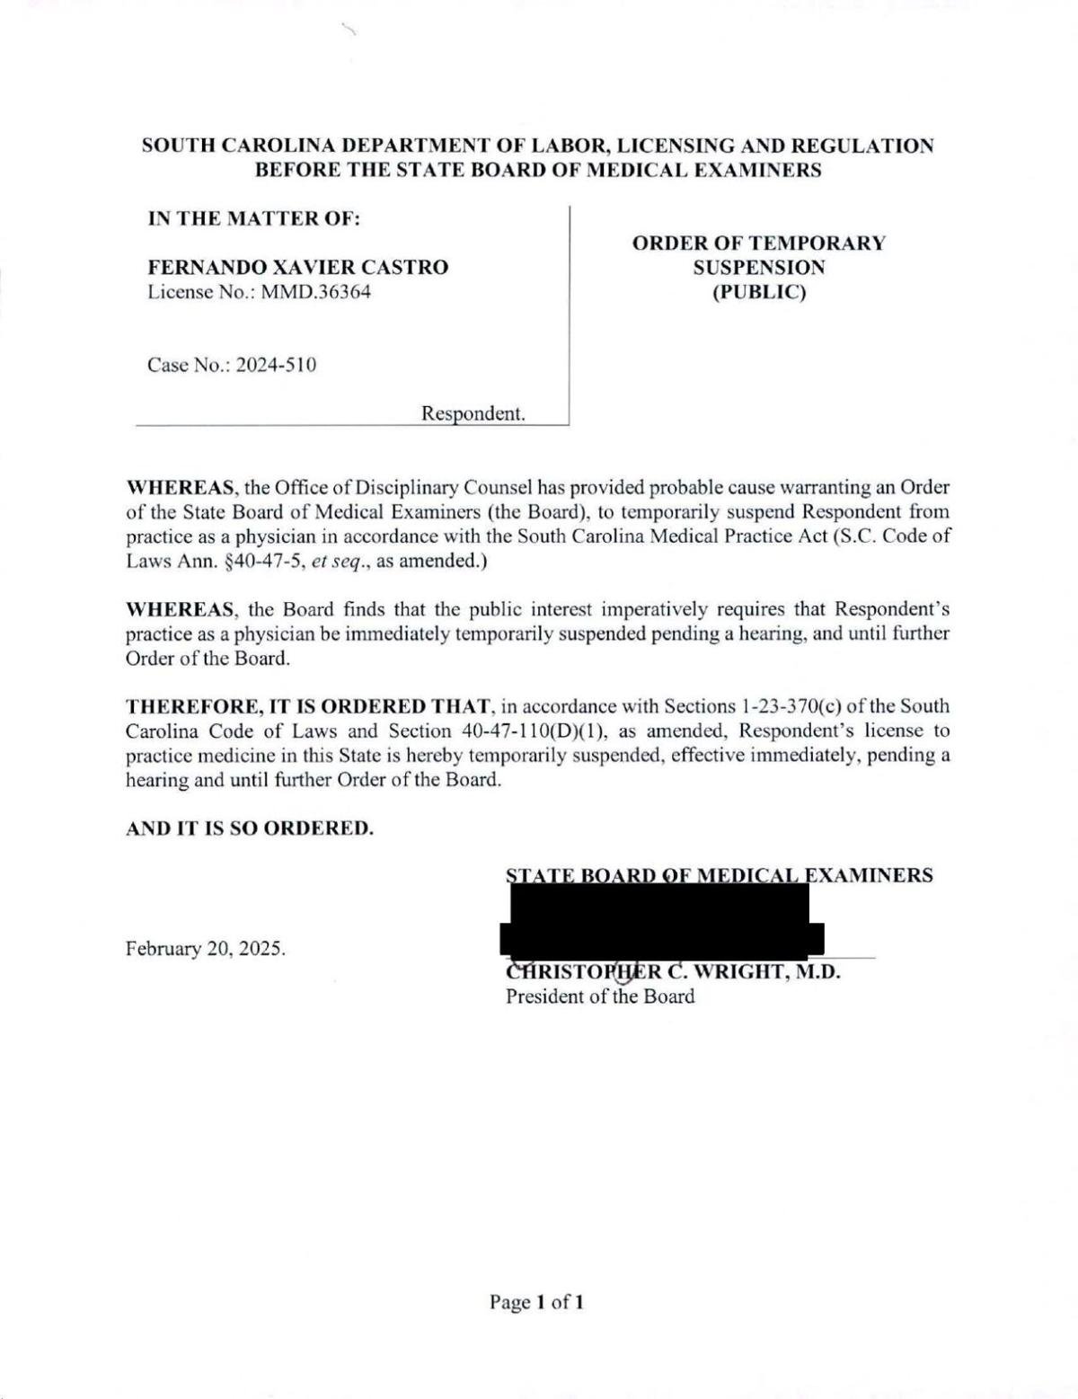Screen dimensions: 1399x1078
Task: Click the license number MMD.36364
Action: pos(315,292)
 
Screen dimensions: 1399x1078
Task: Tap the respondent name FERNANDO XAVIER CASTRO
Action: pos(297,267)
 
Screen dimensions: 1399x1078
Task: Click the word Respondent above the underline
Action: pos(473,413)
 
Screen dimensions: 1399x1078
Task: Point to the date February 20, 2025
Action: pos(206,949)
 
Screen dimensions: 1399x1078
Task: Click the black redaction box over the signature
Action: pos(660,921)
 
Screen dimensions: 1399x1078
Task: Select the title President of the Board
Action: pos(600,996)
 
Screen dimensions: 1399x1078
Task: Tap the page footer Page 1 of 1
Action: pos(536,1301)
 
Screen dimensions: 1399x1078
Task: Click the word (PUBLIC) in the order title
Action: pos(759,292)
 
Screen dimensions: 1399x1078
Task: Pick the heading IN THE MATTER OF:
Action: pos(254,218)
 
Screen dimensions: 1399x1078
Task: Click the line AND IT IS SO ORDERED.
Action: pos(250,828)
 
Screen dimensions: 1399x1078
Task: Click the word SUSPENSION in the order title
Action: pos(759,267)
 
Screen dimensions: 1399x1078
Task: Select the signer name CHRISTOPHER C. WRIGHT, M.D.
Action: pos(674,972)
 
